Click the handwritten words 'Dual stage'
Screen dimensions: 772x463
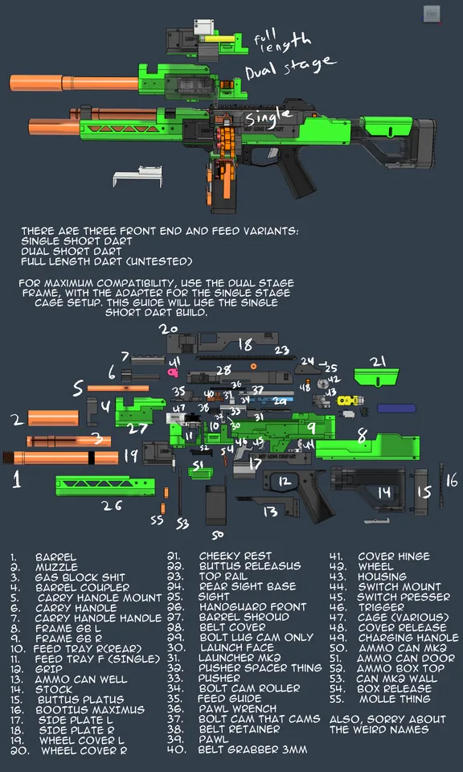click(x=290, y=68)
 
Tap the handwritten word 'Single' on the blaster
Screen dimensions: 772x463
click(x=269, y=117)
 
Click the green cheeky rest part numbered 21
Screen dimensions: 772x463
click(x=376, y=376)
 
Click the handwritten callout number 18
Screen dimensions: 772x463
click(x=244, y=345)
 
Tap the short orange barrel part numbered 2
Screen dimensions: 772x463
click(x=53, y=418)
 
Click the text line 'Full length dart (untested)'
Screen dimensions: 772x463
click(x=107, y=261)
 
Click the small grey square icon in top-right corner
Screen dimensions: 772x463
click(x=432, y=13)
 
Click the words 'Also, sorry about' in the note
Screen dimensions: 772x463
click(x=378, y=719)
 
